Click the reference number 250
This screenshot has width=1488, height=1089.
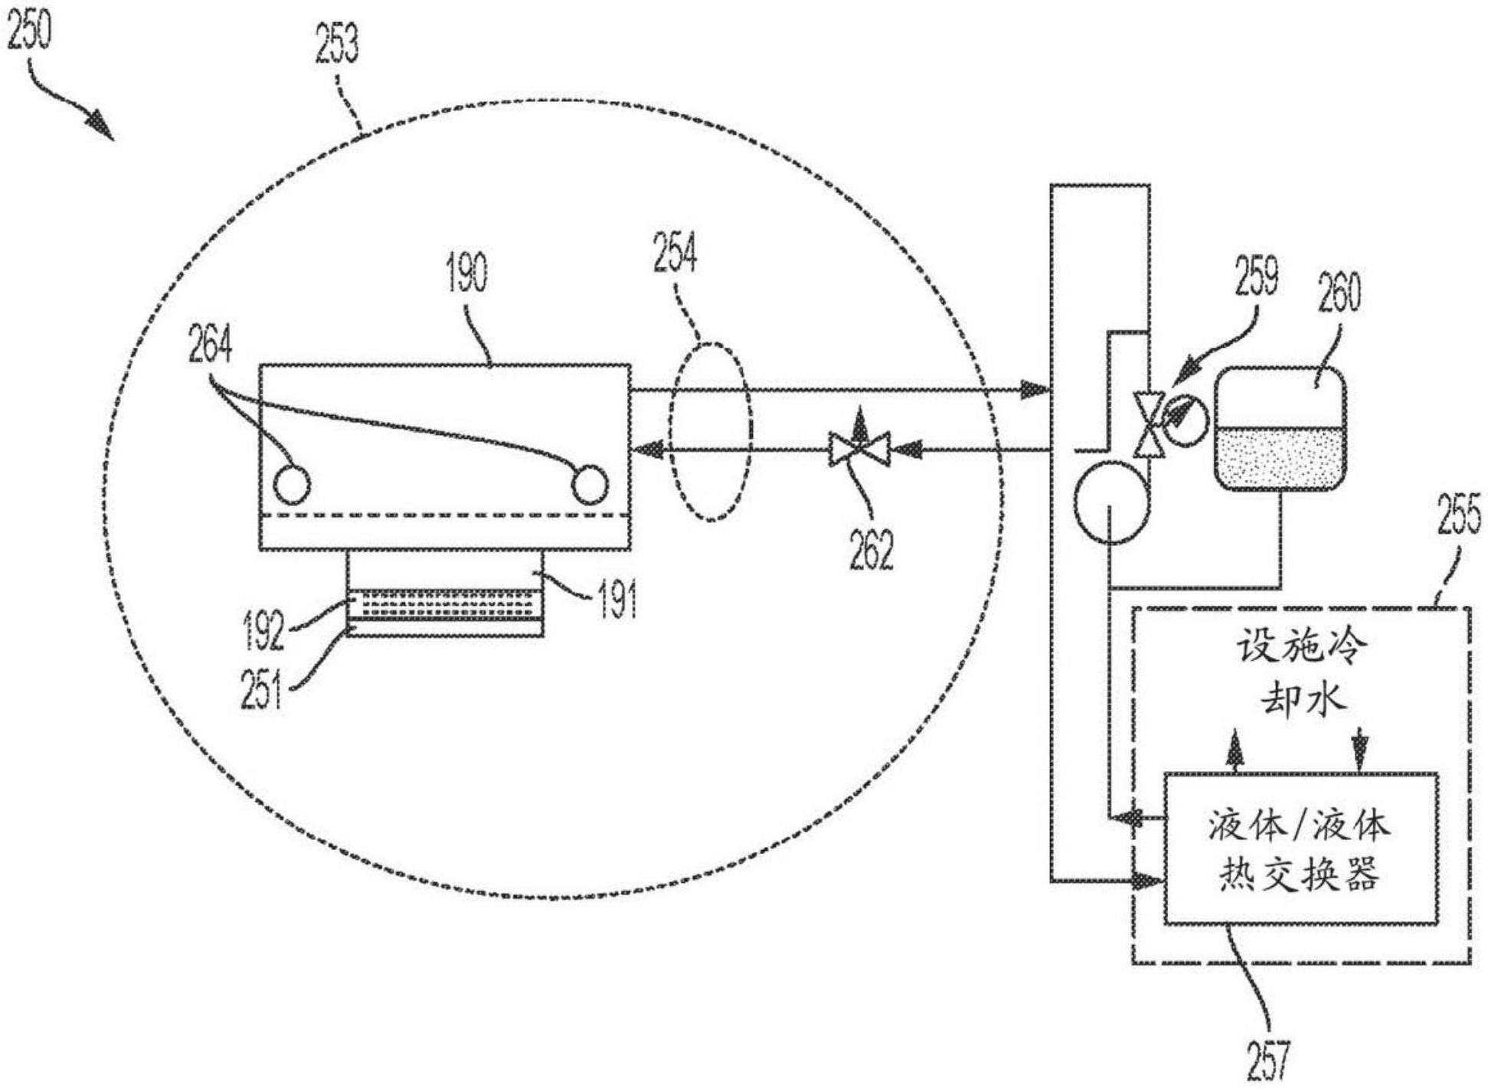29,31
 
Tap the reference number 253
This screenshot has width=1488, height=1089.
336,43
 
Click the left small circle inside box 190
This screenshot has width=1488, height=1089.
292,484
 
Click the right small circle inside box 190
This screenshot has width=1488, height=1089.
590,484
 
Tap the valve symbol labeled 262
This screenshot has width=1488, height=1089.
859,449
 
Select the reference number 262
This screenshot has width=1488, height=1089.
872,549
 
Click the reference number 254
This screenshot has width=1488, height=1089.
675,253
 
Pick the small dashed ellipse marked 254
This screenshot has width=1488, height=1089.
711,432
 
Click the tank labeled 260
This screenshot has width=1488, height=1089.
1280,429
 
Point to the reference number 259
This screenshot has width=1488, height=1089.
1256,276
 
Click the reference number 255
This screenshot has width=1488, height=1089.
1459,514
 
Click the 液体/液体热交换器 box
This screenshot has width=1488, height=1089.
1300,849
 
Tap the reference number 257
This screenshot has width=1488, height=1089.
1268,1059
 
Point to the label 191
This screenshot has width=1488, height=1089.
617,600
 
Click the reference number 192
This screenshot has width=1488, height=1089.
263,630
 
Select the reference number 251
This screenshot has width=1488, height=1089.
261,688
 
